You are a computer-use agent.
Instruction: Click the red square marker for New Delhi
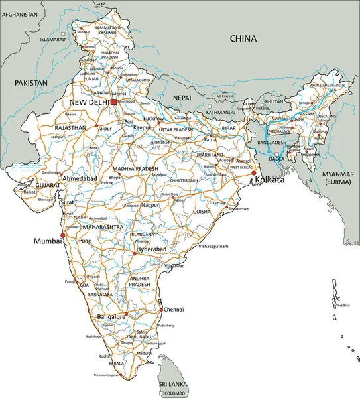click(113, 102)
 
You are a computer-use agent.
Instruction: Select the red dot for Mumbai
click(63, 235)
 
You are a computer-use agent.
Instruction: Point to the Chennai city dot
click(160, 309)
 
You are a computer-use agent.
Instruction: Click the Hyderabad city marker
click(134, 253)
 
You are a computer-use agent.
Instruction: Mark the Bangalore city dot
click(126, 314)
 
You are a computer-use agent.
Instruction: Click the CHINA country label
click(243, 39)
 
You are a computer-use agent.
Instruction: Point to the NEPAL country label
click(182, 97)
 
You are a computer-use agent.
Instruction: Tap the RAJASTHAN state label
click(70, 127)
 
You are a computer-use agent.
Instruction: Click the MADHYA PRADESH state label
click(135, 169)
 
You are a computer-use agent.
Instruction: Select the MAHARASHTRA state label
click(103, 227)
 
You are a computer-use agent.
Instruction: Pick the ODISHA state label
click(202, 211)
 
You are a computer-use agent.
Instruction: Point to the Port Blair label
click(343, 306)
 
